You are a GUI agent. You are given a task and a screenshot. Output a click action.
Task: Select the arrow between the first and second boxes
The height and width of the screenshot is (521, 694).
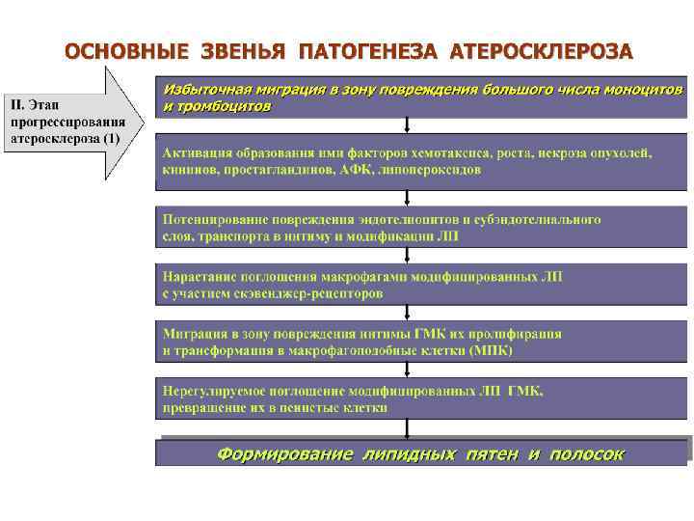pyautogui.click(x=409, y=126)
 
